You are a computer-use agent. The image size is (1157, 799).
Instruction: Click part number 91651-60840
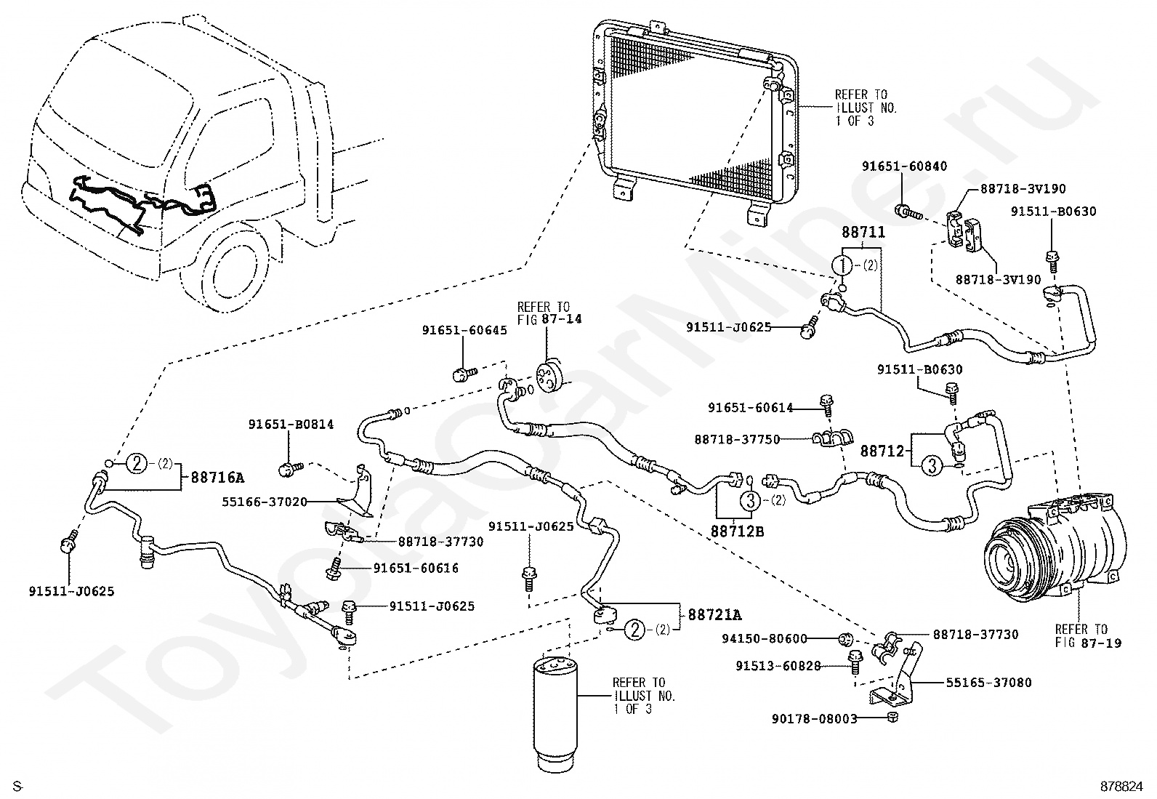905,166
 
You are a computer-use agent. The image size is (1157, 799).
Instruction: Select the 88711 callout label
863,233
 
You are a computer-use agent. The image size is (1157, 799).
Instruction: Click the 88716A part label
217,478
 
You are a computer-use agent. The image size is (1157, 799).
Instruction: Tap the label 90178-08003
814,719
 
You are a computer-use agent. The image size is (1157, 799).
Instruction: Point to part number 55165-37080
988,683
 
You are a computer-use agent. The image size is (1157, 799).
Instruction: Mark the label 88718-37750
737,439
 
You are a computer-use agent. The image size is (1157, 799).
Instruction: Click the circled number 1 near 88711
843,265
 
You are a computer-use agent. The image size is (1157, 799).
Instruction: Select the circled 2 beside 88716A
138,462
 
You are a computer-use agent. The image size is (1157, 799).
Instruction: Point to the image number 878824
1121,787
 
